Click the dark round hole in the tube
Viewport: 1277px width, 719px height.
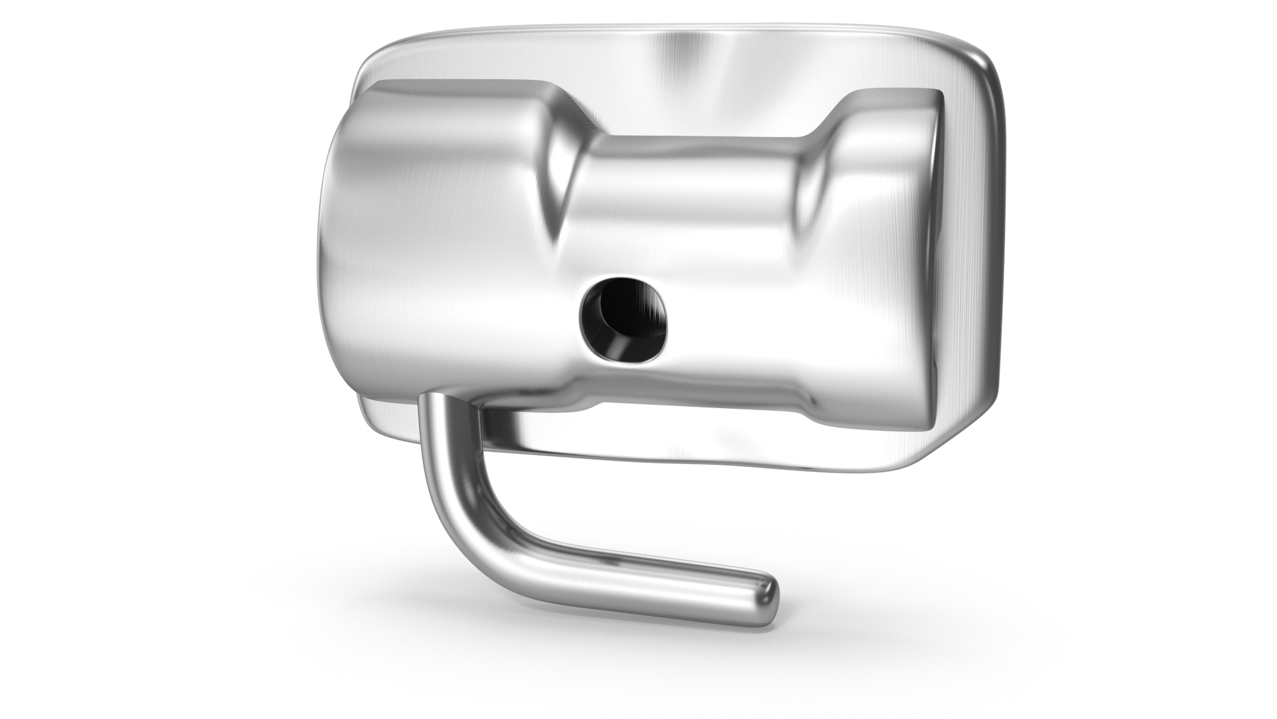[623, 320]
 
